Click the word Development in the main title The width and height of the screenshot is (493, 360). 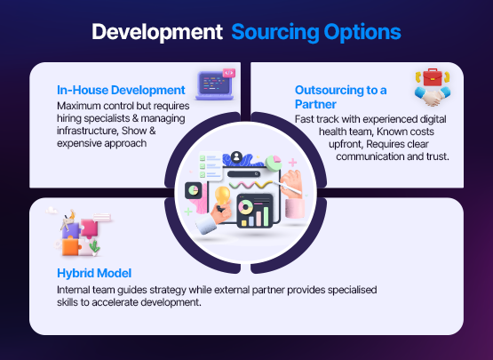(x=156, y=33)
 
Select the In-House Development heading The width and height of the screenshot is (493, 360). (x=121, y=90)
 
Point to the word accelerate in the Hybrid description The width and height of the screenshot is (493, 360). (x=117, y=303)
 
